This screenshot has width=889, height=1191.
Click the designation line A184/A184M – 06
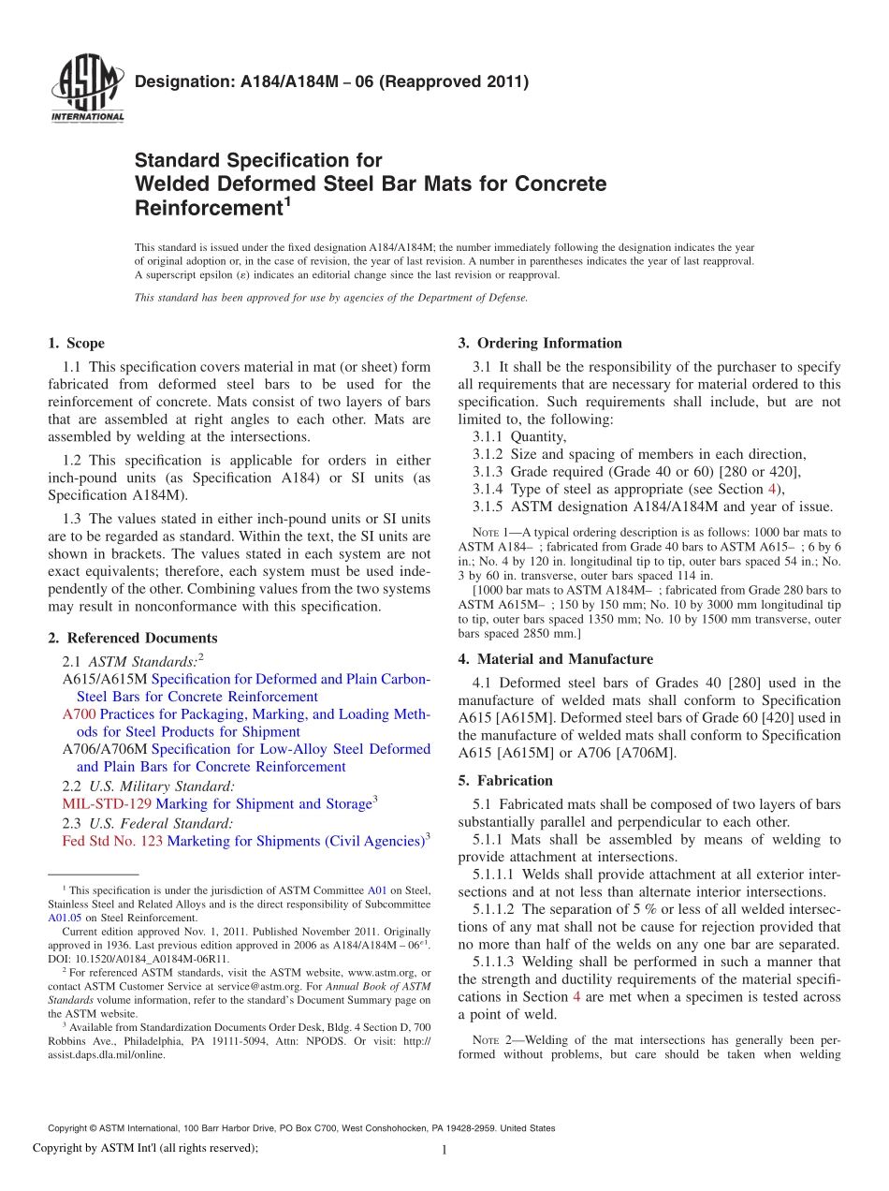tap(332, 81)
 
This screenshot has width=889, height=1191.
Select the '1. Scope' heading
tap(77, 343)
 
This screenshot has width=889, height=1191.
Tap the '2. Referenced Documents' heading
tap(132, 638)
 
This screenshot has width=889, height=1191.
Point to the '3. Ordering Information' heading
tap(540, 343)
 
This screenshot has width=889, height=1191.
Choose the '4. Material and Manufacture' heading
tap(556, 658)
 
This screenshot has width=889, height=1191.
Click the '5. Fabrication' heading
tap(505, 780)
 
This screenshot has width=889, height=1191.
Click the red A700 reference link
tap(79, 714)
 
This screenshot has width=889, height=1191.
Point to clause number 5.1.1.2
tap(494, 909)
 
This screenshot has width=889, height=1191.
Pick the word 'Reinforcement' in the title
tap(209, 207)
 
